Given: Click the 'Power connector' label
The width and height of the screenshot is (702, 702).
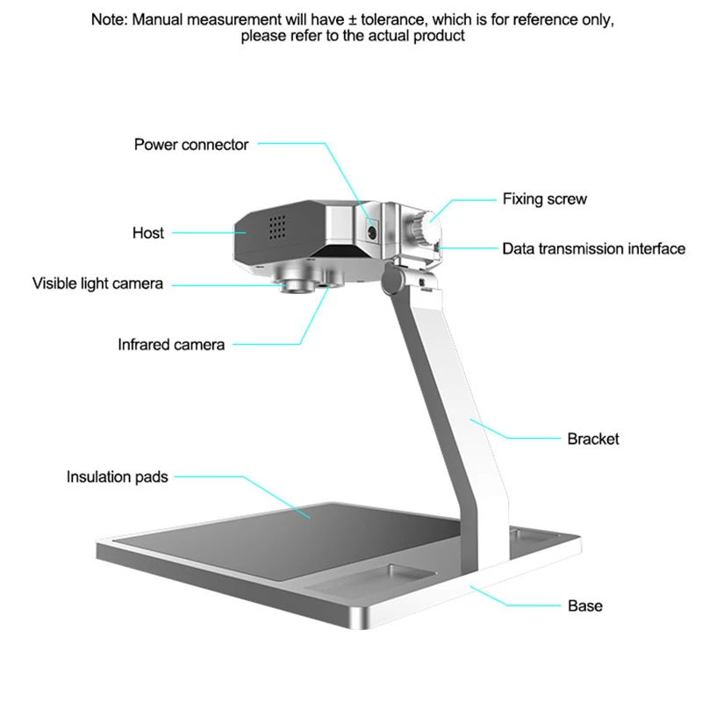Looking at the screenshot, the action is [x=191, y=145].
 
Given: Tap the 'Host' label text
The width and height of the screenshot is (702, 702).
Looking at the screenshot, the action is [x=148, y=233].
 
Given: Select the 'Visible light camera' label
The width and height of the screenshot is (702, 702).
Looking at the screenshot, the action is [x=97, y=283].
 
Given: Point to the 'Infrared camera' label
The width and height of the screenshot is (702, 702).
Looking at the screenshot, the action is [x=171, y=345].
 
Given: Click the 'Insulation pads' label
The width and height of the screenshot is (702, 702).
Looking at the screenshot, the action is [x=117, y=477].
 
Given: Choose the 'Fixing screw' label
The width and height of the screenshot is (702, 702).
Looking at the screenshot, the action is [x=544, y=199].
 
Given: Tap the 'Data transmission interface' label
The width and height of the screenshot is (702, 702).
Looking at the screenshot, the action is [x=593, y=248].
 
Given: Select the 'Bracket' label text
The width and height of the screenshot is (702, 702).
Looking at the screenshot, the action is [x=593, y=438].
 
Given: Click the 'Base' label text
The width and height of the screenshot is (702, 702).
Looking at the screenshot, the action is [x=585, y=605].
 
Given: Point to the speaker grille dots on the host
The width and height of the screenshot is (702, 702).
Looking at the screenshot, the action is [x=278, y=227].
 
